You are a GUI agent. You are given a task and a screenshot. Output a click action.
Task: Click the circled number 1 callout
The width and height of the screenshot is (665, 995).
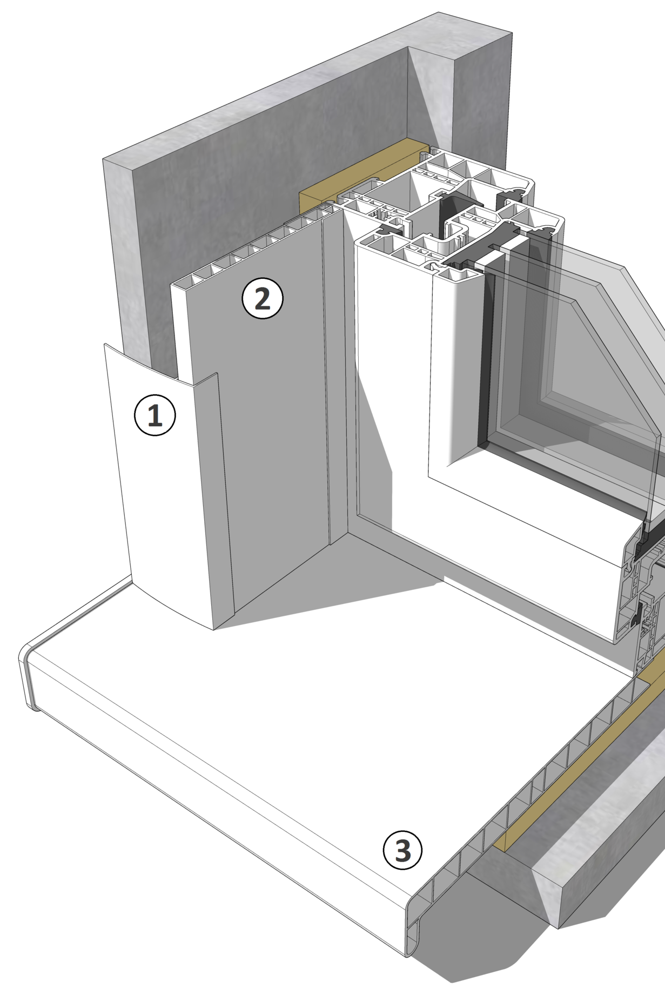(155, 415)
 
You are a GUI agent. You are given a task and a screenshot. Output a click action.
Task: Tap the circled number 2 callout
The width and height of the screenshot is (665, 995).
(263, 298)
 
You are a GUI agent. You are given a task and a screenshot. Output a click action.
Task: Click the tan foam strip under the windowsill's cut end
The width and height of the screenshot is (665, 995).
(583, 756)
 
